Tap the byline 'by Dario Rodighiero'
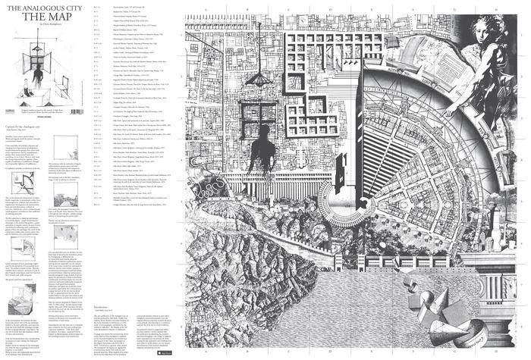click(28, 23)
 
